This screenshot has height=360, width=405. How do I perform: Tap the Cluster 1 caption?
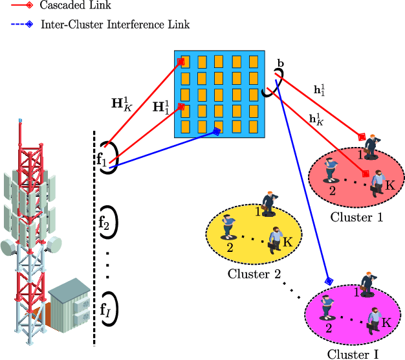(x=356, y=218)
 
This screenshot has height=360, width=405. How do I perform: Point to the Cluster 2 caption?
(x=254, y=274)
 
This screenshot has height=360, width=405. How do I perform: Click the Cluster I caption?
(x=353, y=354)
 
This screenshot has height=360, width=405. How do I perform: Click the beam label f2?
(x=104, y=223)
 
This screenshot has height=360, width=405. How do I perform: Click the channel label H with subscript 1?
(x=162, y=107)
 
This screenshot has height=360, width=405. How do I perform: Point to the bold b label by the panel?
(x=280, y=63)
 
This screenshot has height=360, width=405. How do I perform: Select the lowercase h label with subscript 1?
(x=319, y=90)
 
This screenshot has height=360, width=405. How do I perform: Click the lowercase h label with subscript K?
(x=317, y=119)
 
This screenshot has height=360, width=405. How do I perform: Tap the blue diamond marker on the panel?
(x=217, y=131)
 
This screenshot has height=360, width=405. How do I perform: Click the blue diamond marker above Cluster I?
(x=328, y=281)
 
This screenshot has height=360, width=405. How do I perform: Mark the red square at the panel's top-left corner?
(x=181, y=62)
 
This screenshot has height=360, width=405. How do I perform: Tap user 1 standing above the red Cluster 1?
(x=371, y=144)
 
